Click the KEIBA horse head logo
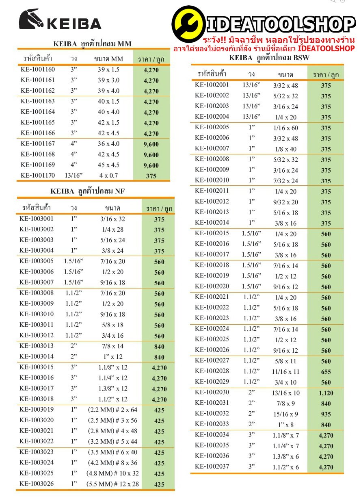[32, 20]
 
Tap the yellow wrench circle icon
[188, 24]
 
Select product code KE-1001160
[38, 69]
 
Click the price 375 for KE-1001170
[151, 176]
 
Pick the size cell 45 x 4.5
[108, 165]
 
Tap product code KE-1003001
[37, 219]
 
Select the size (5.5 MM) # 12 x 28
[112, 484]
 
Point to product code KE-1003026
[37, 484]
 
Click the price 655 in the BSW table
[326, 371]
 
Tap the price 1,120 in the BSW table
[326, 393]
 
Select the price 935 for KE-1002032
[326, 414]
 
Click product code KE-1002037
[212, 467]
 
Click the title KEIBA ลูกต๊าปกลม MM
[93, 44]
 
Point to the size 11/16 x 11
[286, 371]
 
